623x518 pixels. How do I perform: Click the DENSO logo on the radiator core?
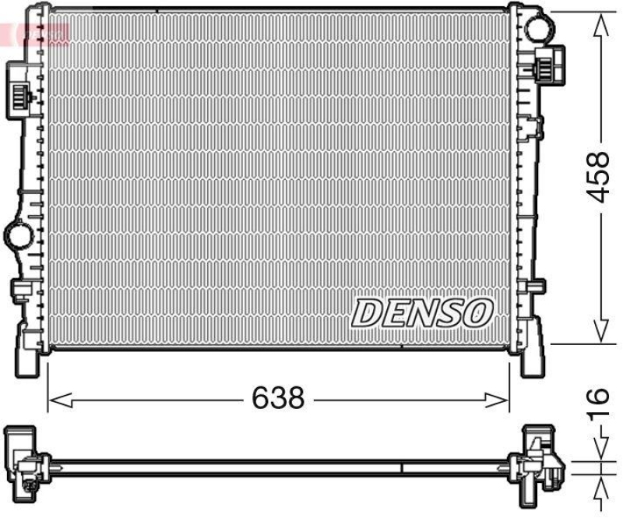422,313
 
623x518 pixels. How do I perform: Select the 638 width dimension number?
277,400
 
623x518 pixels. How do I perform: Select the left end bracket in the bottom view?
23,463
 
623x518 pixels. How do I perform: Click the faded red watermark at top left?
35,33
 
